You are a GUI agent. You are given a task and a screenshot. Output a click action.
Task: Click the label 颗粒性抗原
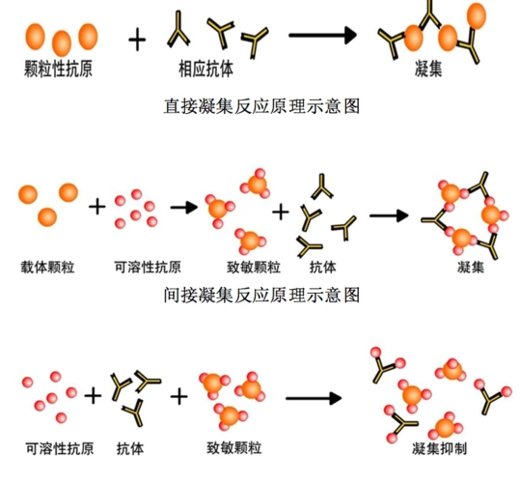click(60, 69)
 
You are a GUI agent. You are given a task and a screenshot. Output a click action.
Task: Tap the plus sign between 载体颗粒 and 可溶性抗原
click(96, 207)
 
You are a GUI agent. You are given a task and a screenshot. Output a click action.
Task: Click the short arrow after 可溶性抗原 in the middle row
click(183, 207)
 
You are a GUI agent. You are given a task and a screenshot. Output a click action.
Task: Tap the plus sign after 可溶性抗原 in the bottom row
click(93, 395)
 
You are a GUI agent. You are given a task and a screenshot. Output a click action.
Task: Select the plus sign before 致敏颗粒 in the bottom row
click(179, 395)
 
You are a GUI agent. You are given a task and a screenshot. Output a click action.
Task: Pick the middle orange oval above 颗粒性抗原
click(63, 42)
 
